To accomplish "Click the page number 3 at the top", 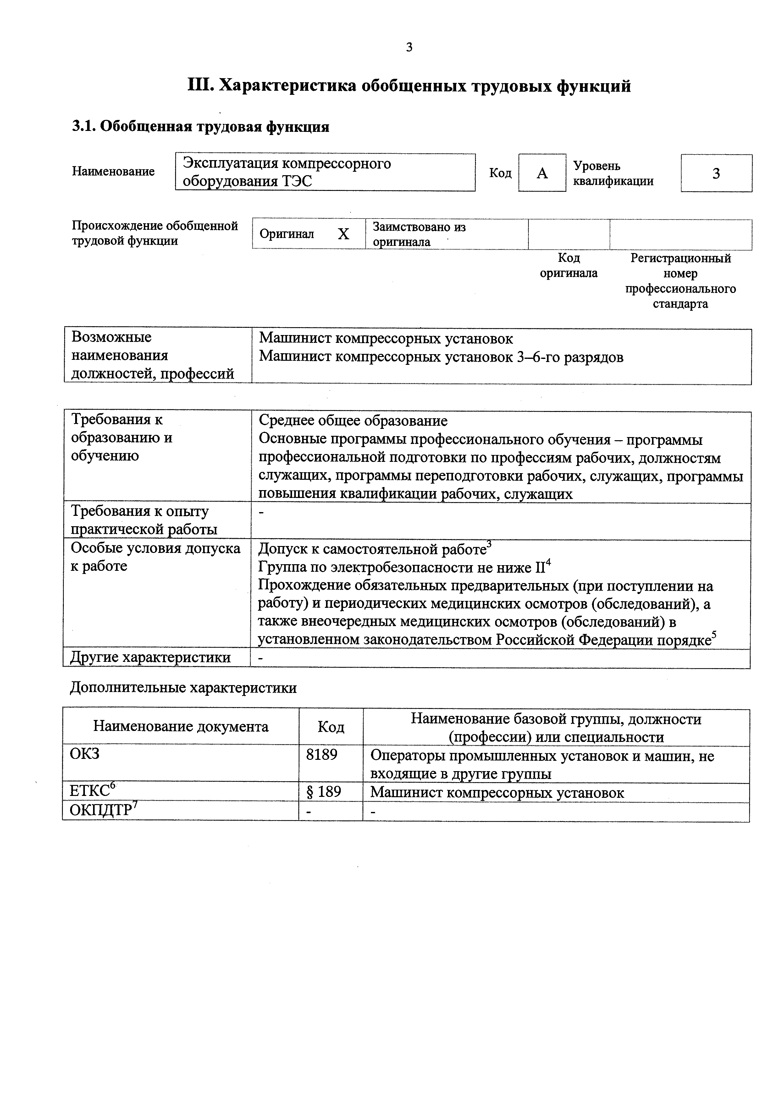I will [x=409, y=47].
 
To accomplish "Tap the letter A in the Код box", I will [x=542, y=173].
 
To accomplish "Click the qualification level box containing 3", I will [x=716, y=173].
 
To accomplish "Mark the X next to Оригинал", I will [x=343, y=234].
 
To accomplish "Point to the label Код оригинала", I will [x=569, y=266].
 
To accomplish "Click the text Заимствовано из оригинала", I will [x=419, y=234].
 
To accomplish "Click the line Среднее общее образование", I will [x=353, y=421].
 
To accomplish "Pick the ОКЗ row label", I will [x=85, y=754].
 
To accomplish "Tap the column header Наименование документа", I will [x=181, y=726].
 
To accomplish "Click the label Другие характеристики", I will [x=151, y=657].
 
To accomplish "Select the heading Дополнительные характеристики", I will [x=183, y=688].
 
